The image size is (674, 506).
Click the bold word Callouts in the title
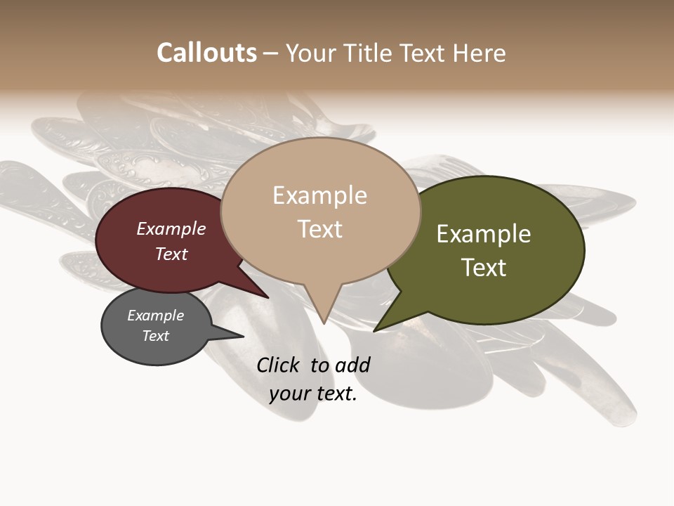[206, 53]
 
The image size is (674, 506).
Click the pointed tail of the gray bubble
[239, 336]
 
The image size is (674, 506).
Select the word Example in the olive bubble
[484, 234]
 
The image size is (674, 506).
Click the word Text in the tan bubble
[320, 229]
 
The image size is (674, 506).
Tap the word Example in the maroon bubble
[171, 229]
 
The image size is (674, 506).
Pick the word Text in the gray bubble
[156, 336]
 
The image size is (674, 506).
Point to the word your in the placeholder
[289, 394]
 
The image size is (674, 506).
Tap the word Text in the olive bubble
[484, 268]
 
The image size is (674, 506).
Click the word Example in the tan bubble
[320, 195]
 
